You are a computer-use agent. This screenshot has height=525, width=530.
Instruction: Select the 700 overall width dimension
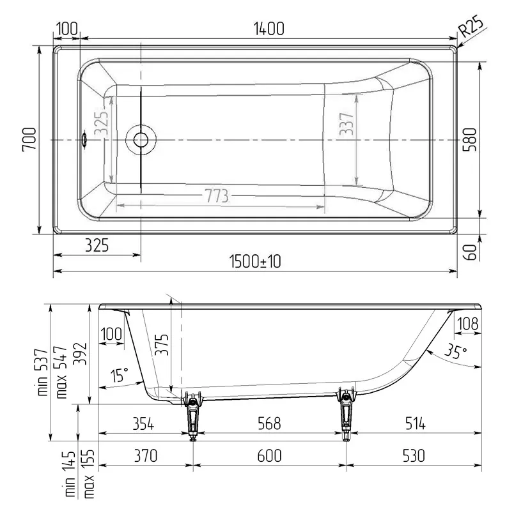[29, 139]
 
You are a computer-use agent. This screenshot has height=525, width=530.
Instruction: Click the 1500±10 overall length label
[255, 261]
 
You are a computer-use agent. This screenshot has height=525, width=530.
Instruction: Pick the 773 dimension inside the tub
[217, 196]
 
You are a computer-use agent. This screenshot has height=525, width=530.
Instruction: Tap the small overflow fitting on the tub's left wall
[83, 139]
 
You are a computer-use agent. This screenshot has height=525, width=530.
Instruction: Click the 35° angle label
[456, 352]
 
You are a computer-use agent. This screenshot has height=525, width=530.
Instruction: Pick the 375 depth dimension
[162, 349]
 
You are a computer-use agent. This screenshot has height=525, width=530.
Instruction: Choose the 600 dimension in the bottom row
[269, 455]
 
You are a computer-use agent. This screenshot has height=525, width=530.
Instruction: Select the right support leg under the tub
[346, 415]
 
